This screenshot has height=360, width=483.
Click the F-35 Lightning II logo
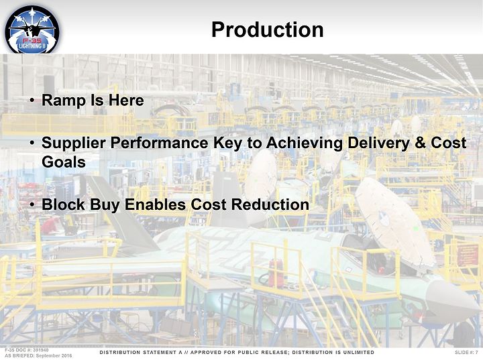click(32, 30)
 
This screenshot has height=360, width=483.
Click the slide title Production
click(268, 29)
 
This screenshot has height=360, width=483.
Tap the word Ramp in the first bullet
click(64, 101)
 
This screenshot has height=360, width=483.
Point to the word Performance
click(159, 143)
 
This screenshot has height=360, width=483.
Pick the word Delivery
click(378, 143)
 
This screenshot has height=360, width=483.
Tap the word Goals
click(64, 162)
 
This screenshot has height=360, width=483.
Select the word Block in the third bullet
click(63, 204)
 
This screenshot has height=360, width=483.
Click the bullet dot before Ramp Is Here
click(32, 101)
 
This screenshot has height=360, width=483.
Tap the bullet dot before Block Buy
click(32, 204)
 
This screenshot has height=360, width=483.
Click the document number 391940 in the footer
click(41, 350)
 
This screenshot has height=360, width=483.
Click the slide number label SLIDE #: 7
click(466, 353)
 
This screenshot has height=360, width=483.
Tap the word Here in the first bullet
click(126, 101)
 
